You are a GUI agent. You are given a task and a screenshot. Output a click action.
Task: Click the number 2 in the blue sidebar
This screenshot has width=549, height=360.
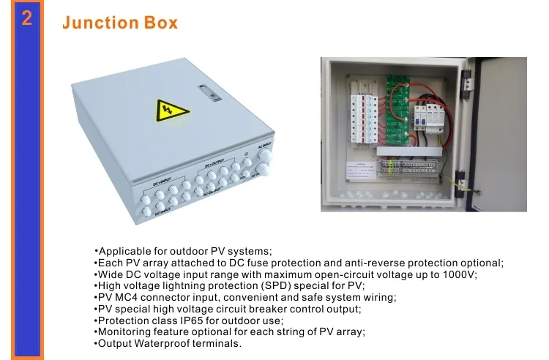26,18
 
